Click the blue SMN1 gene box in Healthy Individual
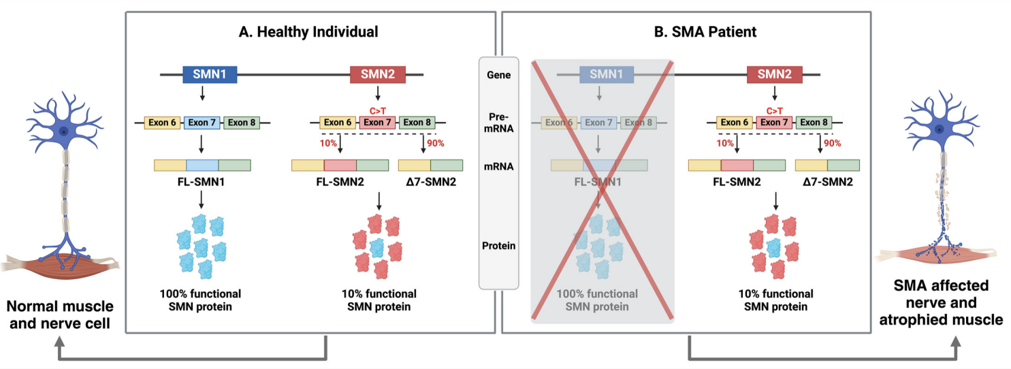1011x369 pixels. click(210, 74)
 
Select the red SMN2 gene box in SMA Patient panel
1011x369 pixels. click(775, 74)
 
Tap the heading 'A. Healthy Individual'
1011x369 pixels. click(308, 32)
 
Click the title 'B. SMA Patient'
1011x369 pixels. click(705, 32)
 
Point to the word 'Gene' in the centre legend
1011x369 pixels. click(499, 75)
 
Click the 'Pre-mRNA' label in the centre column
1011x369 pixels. click(499, 123)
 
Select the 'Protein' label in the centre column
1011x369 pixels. click(499, 246)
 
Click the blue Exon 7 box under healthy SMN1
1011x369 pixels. click(202, 123)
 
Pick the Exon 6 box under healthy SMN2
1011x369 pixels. click(337, 123)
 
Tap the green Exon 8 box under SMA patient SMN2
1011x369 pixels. click(814, 123)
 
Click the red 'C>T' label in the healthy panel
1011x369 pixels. click(378, 111)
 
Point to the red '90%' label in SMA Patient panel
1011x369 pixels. click(833, 144)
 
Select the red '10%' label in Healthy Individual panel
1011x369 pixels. click(328, 144)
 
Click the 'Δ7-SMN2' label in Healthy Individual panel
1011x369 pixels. click(431, 182)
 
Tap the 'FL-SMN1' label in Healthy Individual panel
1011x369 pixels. click(202, 182)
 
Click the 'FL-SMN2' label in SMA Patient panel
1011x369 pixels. click(737, 182)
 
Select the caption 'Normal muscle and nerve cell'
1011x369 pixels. click(60, 315)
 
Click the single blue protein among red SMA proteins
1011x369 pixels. click(773, 248)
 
